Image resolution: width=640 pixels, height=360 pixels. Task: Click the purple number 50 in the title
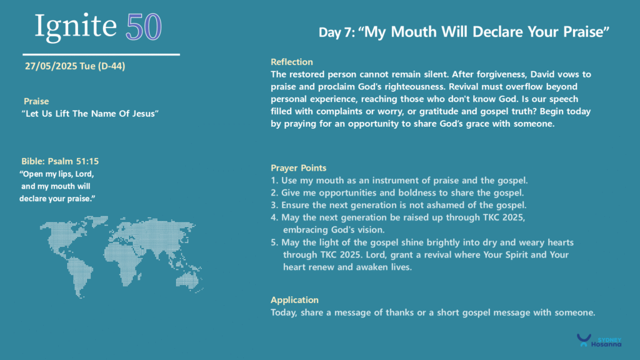tap(144, 27)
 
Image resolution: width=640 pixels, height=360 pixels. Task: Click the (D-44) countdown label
tap(111, 66)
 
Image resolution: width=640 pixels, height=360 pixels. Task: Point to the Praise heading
tap(36, 101)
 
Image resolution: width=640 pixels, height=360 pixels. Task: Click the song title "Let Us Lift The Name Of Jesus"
tap(90, 114)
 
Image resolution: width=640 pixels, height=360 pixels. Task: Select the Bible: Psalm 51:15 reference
tap(60, 161)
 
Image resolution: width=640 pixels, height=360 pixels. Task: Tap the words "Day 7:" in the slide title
tap(337, 32)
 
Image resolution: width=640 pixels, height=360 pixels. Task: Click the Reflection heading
tap(291, 62)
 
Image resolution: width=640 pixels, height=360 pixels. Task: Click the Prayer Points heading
tap(298, 167)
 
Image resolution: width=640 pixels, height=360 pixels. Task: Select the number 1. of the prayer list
tap(274, 181)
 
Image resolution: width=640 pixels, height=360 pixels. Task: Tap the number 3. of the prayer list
tap(274, 205)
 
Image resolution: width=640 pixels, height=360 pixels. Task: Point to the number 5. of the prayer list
tap(274, 242)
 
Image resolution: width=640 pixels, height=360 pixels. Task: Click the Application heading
tap(294, 300)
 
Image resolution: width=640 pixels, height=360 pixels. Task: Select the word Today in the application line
tap(284, 312)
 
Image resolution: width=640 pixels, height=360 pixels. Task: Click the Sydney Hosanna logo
tap(599, 341)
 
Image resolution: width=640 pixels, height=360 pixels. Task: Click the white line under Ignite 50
tap(101, 54)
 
